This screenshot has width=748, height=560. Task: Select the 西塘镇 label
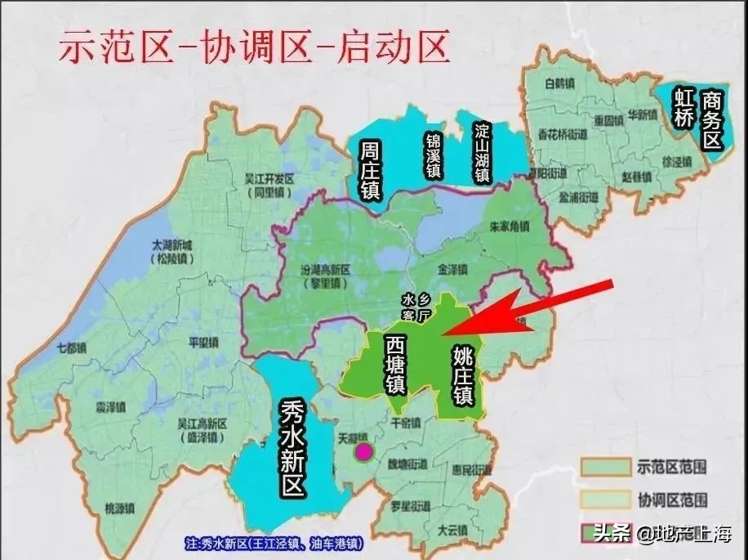coord(395,365)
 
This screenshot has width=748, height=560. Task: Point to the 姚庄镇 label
coord(463,374)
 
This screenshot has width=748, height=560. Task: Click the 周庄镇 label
coord(370,170)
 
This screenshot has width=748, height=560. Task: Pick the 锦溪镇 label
coord(433,155)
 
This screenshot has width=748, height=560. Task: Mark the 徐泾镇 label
coord(655,161)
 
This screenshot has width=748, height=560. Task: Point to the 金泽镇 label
coord(452,267)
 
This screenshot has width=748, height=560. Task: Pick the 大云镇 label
coord(451,530)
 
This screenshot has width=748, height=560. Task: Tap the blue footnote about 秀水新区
coord(274,543)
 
